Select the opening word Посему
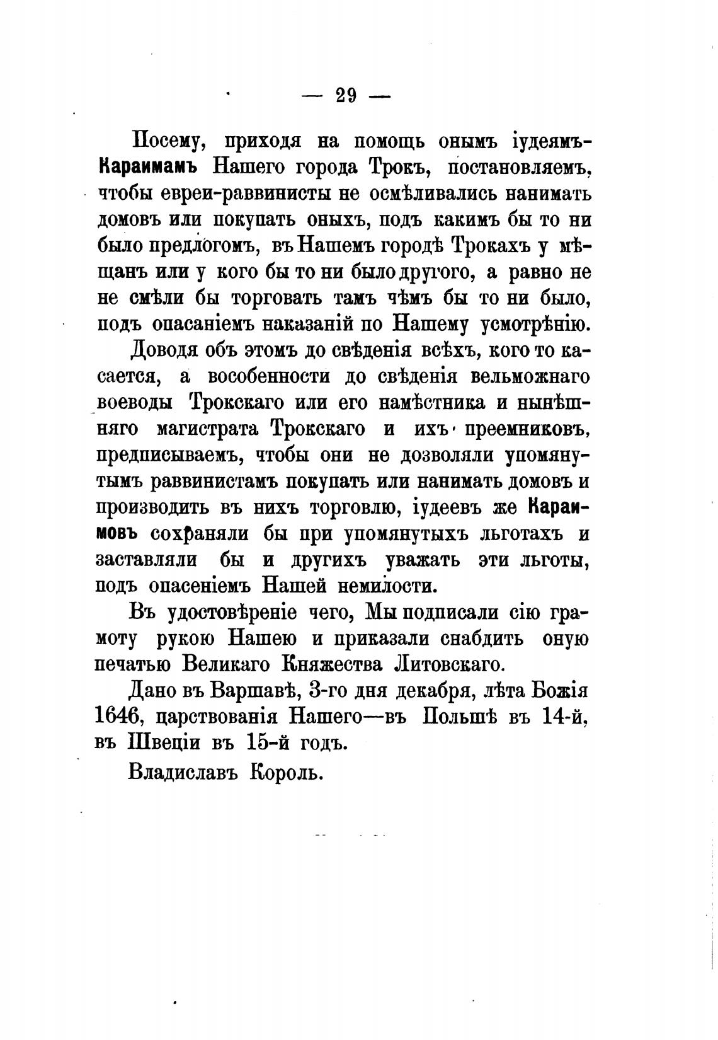pyautogui.click(x=165, y=142)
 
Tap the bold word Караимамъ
pyautogui.click(x=148, y=168)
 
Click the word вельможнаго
pyautogui.click(x=529, y=376)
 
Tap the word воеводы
pyautogui.click(x=134, y=403)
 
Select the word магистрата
pyautogui.click(x=204, y=429)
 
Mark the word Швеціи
pyautogui.click(x=166, y=744)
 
